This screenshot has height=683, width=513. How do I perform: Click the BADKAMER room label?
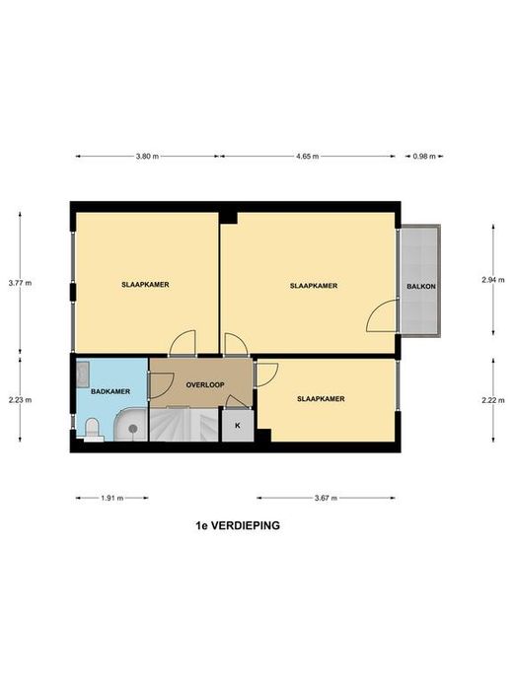coord(110,391)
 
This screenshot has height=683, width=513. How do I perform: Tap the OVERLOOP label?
coord(205,385)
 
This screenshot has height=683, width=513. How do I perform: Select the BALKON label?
coord(421,287)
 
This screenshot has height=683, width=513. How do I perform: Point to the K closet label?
coord(238,426)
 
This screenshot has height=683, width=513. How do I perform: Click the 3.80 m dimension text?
coord(147,157)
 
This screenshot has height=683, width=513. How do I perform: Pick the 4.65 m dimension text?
coord(307,157)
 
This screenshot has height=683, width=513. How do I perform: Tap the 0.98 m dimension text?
coord(424,157)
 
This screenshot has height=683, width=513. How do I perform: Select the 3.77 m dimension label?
coord(20,283)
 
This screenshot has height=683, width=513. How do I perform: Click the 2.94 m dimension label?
coord(493,280)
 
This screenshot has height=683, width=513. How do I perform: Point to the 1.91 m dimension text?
coord(112,498)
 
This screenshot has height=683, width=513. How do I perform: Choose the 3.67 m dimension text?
coord(326,498)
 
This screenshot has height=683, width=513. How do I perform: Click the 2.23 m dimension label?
coord(20,400)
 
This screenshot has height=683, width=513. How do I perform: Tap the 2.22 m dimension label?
coord(493,400)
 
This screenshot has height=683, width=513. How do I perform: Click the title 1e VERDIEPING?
coord(238,525)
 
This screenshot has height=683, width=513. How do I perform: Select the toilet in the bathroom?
coord(92,429)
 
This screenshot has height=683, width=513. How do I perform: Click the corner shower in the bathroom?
coord(131,425)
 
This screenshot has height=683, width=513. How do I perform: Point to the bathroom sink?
coord(83,375)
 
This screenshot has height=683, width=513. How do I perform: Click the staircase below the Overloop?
coord(183,424)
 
